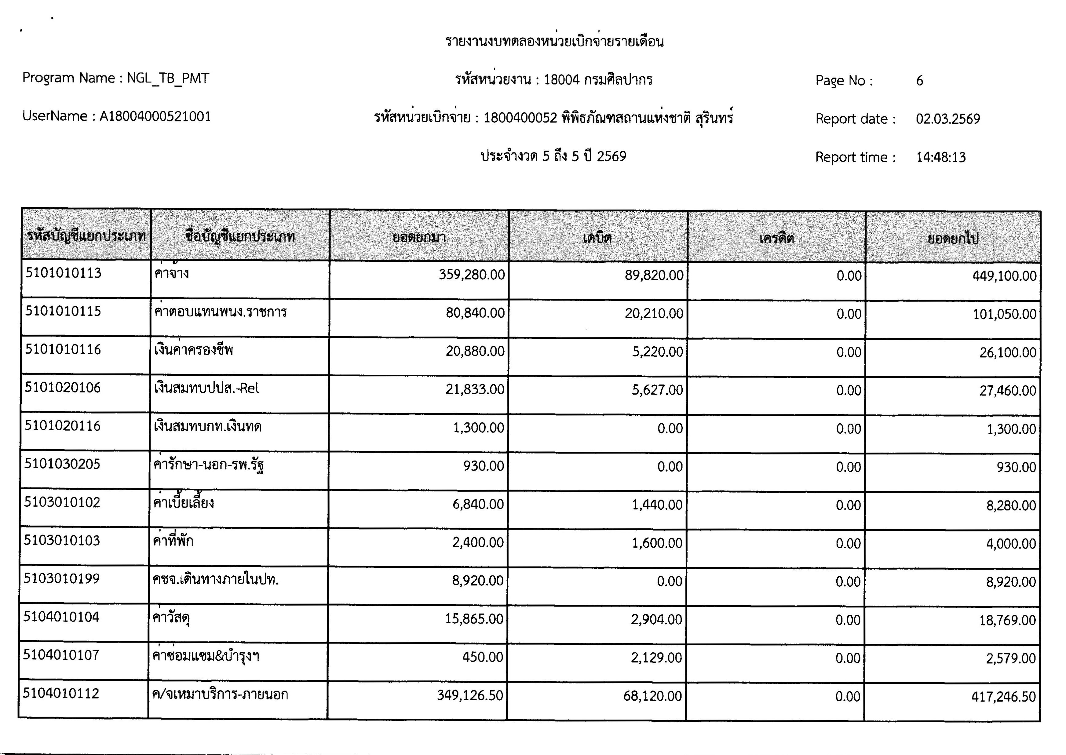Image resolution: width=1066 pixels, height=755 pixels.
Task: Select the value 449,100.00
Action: (x=1004, y=276)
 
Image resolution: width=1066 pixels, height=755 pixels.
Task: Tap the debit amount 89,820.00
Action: (x=654, y=275)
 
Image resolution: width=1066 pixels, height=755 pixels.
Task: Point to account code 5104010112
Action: (x=61, y=694)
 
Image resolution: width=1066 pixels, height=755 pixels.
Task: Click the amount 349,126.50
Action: (x=469, y=695)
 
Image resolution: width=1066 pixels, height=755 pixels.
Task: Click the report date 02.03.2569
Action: (x=947, y=119)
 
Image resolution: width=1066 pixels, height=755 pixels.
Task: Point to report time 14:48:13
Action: (x=940, y=157)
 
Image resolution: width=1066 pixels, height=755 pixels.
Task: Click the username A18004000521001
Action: (x=155, y=116)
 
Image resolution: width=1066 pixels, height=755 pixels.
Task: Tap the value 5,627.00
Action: (x=657, y=390)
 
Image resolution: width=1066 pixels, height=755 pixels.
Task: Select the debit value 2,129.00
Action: (x=656, y=658)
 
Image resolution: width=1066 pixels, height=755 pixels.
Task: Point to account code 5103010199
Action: (x=61, y=579)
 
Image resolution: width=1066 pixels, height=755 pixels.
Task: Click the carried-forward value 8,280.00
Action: (x=1011, y=505)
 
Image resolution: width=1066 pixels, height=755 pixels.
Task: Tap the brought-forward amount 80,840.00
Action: (x=475, y=313)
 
